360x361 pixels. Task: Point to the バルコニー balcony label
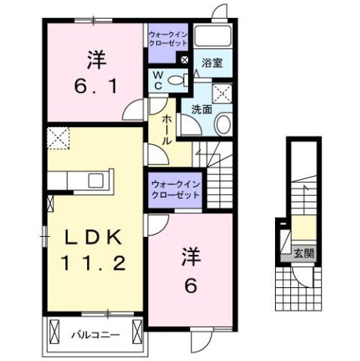(x=95, y=332)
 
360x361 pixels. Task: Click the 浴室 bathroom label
(x=212, y=63)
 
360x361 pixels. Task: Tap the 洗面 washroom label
(x=201, y=109)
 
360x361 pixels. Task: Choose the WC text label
(x=158, y=80)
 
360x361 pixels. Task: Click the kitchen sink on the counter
(x=95, y=181)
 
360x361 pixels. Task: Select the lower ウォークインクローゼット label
(x=175, y=189)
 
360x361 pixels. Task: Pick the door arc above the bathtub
(x=217, y=12)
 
